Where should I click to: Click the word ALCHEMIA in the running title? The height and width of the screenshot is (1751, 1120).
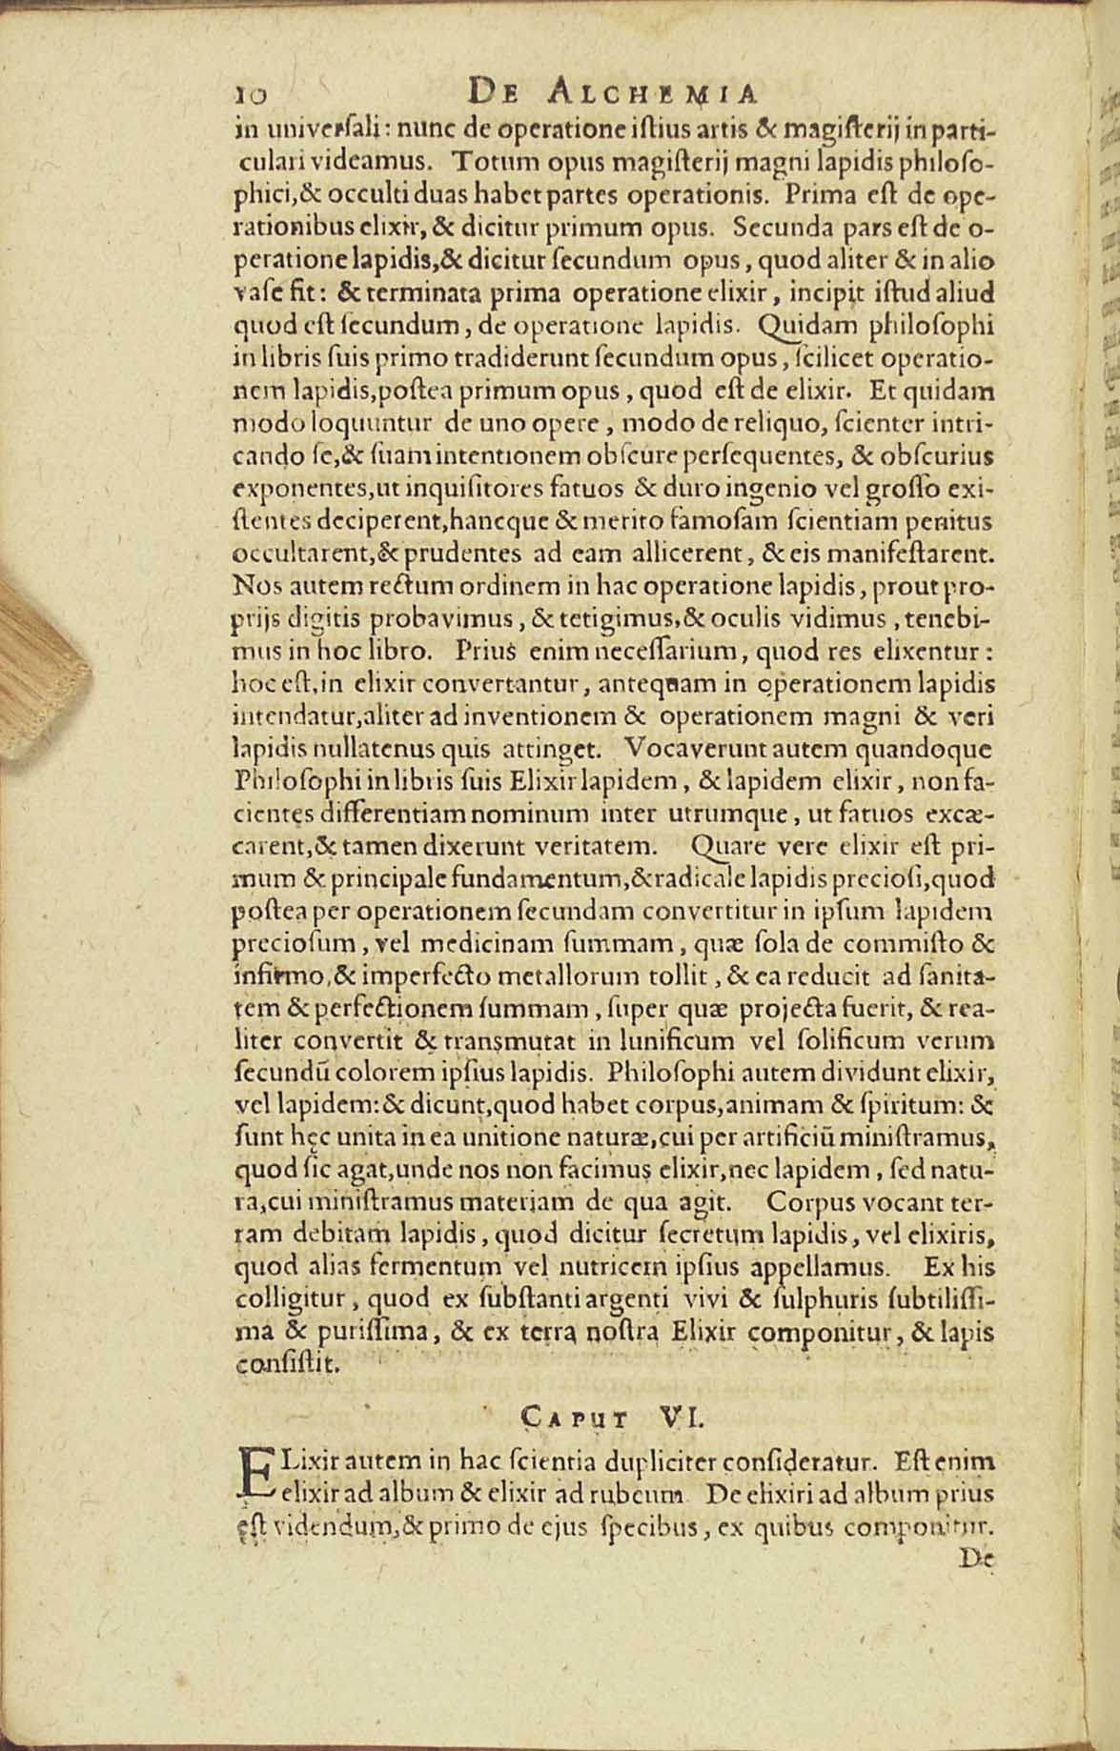click(x=656, y=92)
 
